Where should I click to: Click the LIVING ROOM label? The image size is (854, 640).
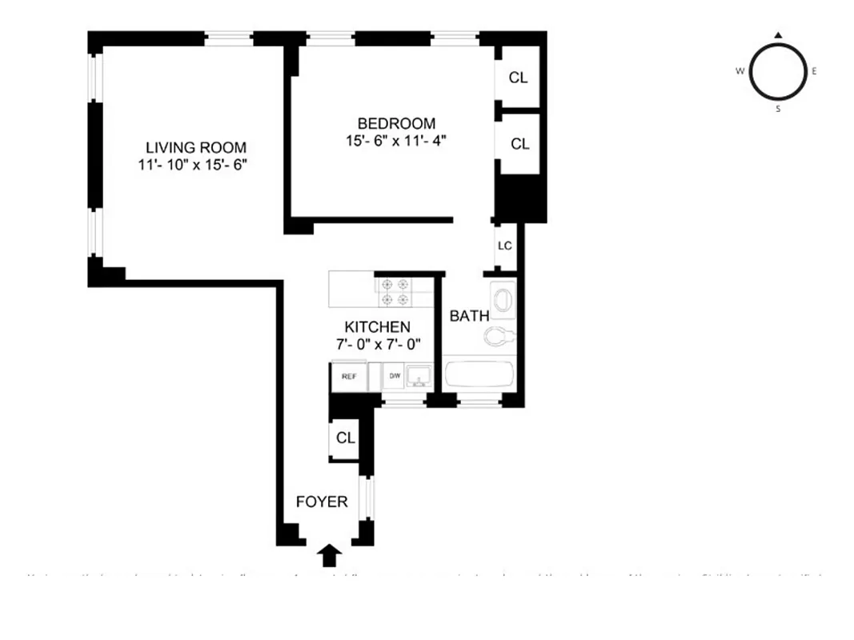click(x=195, y=148)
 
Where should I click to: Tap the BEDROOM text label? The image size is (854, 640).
click(x=396, y=123)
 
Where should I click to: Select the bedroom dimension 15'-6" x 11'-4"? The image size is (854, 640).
click(x=396, y=141)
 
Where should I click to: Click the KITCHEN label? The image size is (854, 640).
click(x=377, y=327)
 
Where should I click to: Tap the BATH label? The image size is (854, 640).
click(x=469, y=316)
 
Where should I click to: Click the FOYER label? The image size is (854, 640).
click(x=322, y=502)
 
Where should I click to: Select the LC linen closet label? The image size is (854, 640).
click(x=504, y=246)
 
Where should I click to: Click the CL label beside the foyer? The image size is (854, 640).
click(x=345, y=438)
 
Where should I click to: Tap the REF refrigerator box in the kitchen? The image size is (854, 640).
click(x=349, y=376)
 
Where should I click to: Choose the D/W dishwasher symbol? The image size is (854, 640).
click(x=394, y=376)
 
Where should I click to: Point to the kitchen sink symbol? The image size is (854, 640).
click(x=418, y=375)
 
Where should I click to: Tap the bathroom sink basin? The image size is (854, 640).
click(x=504, y=300)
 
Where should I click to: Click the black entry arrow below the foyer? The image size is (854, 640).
click(x=329, y=554)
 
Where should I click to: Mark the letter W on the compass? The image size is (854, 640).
click(x=739, y=71)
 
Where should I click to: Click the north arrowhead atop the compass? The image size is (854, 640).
click(x=778, y=35)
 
